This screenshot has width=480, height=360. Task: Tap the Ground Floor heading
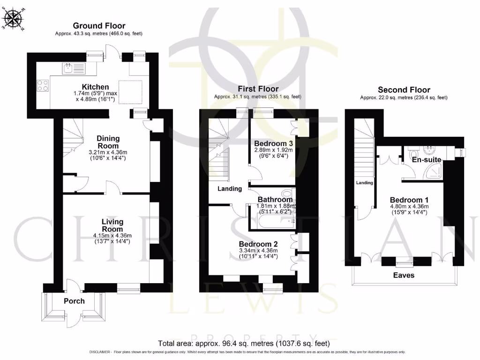[98, 26]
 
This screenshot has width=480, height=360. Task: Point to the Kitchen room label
[96, 87]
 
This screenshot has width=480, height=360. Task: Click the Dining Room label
[108, 142]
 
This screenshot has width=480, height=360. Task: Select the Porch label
[74, 300]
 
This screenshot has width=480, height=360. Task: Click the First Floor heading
[258, 89]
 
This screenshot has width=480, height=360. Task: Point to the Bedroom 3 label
[273, 143]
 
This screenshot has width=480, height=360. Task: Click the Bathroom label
[275, 200]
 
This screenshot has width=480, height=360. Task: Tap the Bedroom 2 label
[258, 244]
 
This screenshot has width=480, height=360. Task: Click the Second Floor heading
[404, 90]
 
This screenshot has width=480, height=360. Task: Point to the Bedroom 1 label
[409, 197]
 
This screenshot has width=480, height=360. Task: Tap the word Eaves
[404, 275]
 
